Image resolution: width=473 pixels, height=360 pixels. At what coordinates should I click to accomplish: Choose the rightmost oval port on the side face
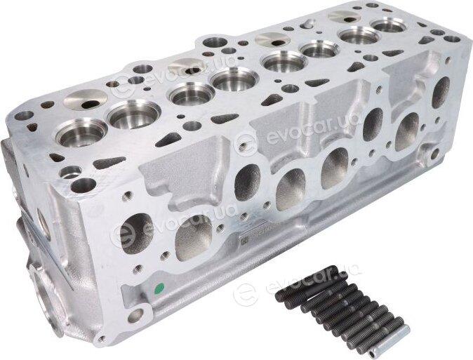point(441,93)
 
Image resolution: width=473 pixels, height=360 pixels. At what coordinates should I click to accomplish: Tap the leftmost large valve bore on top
point(81,133)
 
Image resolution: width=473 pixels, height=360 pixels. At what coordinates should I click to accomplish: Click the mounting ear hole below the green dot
point(135,315)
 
